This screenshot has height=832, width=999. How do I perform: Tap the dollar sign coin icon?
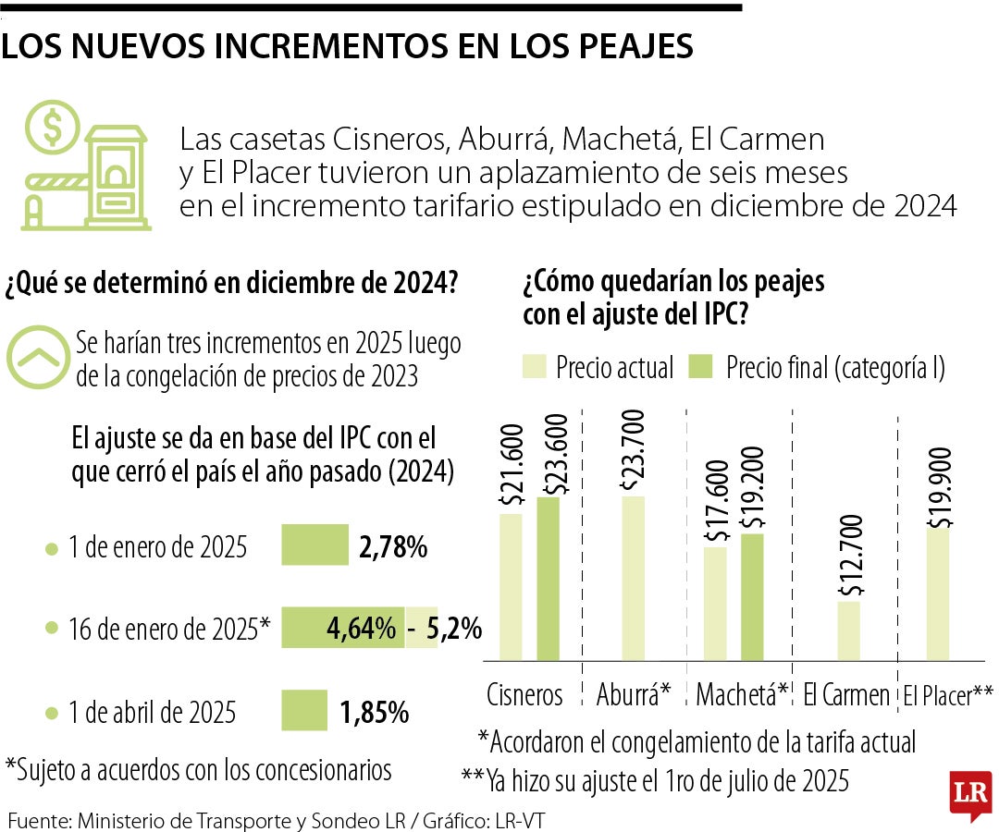click(52, 128)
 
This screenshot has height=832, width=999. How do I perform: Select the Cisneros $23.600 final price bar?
click(548, 580)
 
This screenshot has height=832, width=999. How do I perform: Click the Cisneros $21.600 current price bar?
click(512, 588)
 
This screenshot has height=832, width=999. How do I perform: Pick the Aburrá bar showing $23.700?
click(634, 579)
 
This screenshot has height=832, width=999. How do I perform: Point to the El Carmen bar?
click(849, 631)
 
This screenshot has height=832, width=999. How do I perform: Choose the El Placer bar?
click(939, 594)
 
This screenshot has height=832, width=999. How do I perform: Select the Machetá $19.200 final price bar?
click(753, 597)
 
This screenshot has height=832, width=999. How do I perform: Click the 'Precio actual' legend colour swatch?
click(536, 367)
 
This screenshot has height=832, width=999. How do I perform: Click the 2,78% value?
click(392, 547)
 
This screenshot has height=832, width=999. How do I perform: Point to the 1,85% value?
click(374, 713)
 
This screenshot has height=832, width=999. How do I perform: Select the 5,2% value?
click(454, 630)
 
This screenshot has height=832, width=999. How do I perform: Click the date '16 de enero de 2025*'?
click(168, 630)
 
